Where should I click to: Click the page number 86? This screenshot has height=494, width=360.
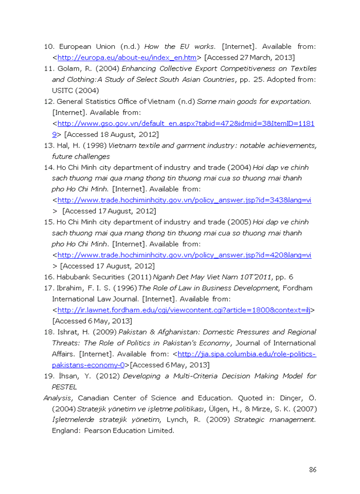tap(312, 470)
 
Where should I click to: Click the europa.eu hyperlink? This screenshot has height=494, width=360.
tap(127, 58)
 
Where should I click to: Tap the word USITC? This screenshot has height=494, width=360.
tap(64, 91)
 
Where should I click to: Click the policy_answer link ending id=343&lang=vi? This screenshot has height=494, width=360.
tap(184, 200)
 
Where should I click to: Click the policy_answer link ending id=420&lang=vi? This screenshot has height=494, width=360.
tap(184, 255)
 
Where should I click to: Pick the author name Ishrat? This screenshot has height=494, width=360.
tap(68, 332)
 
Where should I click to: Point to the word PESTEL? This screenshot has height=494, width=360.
tap(64, 387)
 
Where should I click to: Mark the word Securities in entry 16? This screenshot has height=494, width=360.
tap(110, 277)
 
